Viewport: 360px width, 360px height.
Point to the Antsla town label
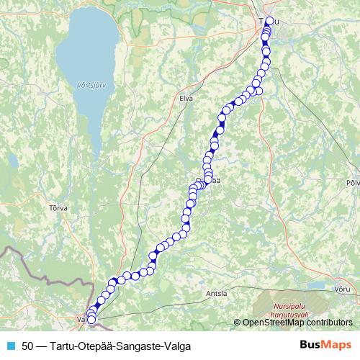tap(215, 294)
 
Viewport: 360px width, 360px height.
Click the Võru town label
tap(343, 288)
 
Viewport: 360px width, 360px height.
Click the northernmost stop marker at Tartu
tap(270, 21)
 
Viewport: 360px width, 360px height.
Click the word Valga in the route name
tap(177, 346)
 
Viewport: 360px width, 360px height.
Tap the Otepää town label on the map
tap(207, 181)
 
